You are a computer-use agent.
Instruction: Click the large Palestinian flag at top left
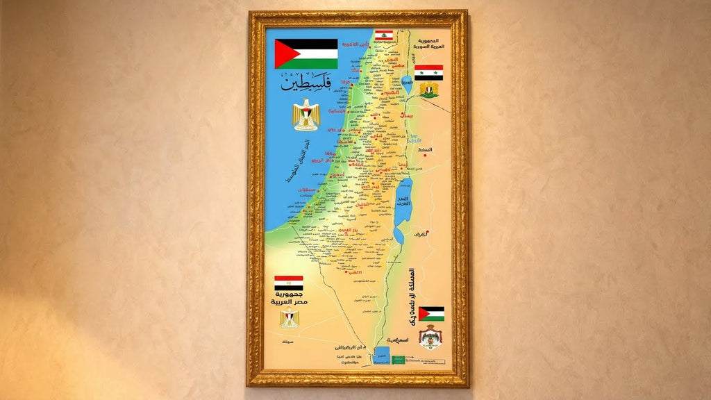click(306, 53)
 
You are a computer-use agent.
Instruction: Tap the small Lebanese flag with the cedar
click(384, 35)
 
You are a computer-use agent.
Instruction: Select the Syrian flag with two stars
click(428, 72)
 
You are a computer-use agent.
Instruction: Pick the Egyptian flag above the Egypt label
click(288, 283)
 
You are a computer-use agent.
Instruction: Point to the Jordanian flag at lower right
click(431, 313)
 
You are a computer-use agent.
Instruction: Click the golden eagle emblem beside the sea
click(305, 115)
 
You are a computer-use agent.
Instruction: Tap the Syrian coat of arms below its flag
click(429, 90)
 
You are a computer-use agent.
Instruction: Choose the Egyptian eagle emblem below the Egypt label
click(289, 319)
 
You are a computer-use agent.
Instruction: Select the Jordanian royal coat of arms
click(430, 337)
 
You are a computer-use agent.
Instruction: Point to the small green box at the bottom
click(399, 359)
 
